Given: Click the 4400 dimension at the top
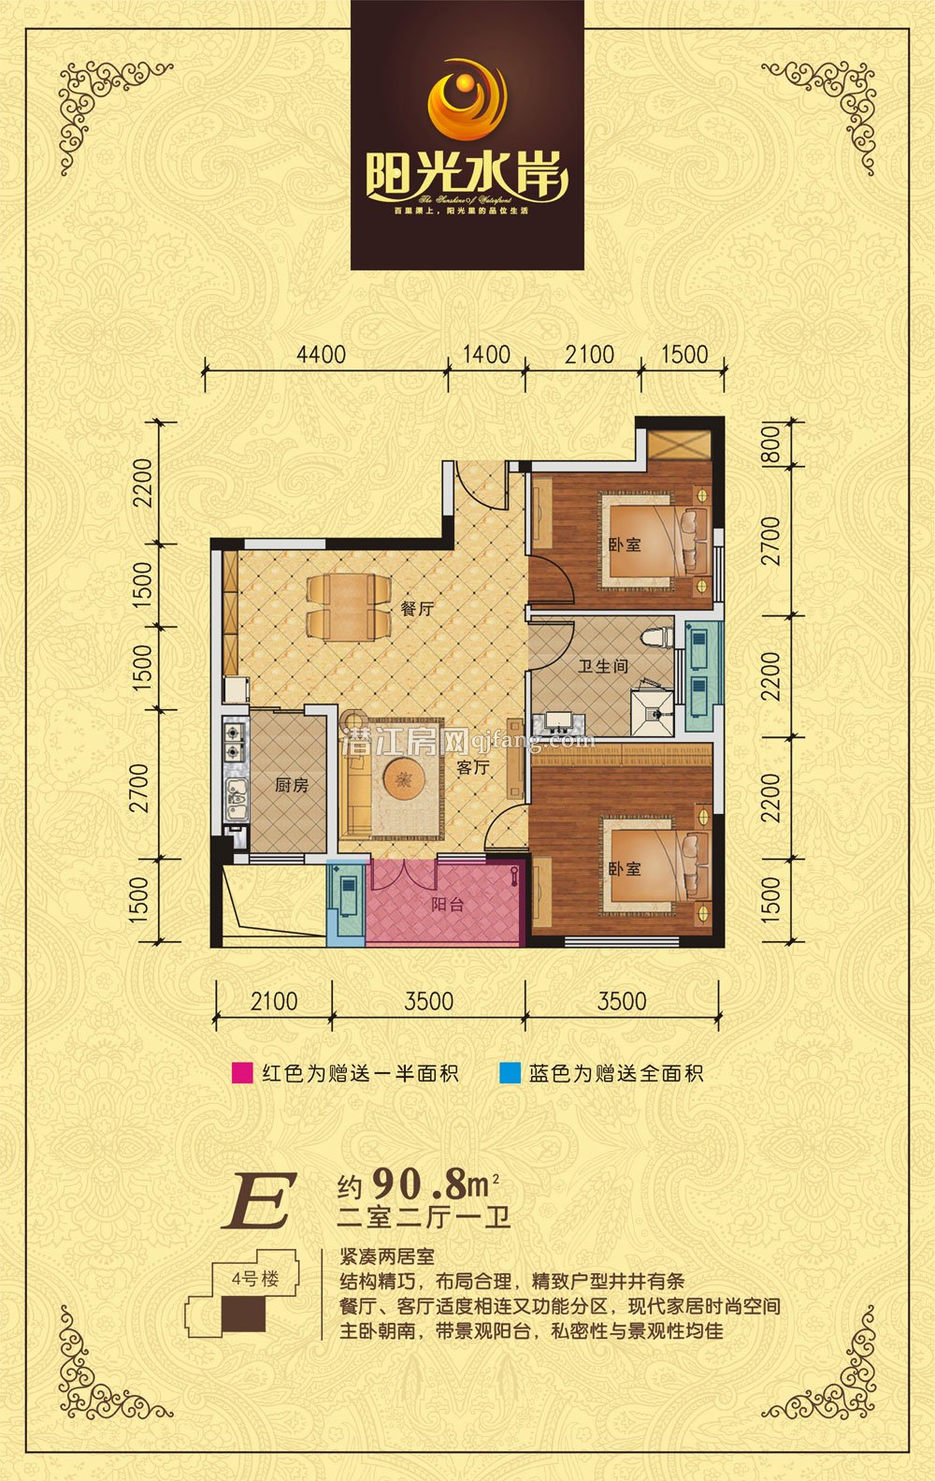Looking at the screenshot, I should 321,356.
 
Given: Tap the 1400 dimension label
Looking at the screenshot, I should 486,356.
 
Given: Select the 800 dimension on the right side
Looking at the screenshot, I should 770,444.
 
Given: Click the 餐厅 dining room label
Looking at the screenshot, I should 417,609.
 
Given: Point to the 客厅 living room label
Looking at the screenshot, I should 472,767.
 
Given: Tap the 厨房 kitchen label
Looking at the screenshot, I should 292,785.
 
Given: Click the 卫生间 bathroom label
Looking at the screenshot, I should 602,666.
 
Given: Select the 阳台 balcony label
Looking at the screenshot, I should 447,905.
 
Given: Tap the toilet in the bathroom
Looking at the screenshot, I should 656,636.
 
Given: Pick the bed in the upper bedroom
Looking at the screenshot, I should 654,543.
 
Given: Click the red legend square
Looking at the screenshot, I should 242,1073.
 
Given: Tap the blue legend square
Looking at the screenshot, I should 510,1073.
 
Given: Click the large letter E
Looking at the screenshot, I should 259,1201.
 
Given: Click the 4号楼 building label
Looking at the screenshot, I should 255,1278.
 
